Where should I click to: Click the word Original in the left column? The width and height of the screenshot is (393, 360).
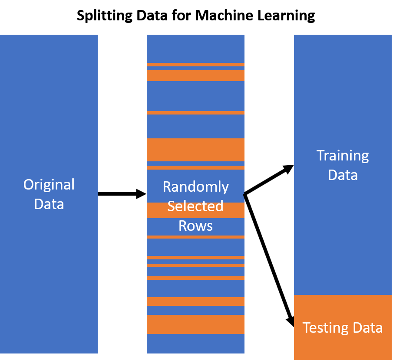[49, 185]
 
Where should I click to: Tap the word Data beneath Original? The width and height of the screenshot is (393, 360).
[49, 204]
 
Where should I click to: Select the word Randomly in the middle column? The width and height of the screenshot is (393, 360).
[195, 187]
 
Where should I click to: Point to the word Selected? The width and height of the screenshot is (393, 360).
[195, 206]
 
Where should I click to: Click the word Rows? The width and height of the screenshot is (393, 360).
[195, 226]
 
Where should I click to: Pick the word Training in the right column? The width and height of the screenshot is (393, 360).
[343, 156]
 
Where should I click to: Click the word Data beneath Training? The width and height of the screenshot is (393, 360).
[343, 175]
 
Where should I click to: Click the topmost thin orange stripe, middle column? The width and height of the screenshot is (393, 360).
[195, 65]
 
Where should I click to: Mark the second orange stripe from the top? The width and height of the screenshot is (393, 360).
[195, 75]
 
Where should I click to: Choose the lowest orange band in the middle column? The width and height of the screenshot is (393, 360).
[195, 324]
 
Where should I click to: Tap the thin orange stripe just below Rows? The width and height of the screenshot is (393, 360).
[195, 237]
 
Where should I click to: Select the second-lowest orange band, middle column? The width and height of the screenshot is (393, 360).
[195, 301]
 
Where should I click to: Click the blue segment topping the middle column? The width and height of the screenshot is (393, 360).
[195, 49]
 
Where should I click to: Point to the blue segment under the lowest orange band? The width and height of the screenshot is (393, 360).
[195, 344]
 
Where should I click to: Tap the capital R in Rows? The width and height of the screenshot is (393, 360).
[183, 226]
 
